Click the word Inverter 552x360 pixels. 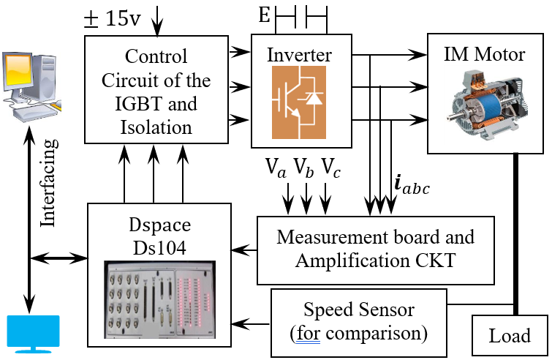click(299, 55)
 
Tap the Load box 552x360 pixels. click(510, 336)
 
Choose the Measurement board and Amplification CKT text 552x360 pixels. click(376, 249)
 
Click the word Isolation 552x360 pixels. click(157, 127)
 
